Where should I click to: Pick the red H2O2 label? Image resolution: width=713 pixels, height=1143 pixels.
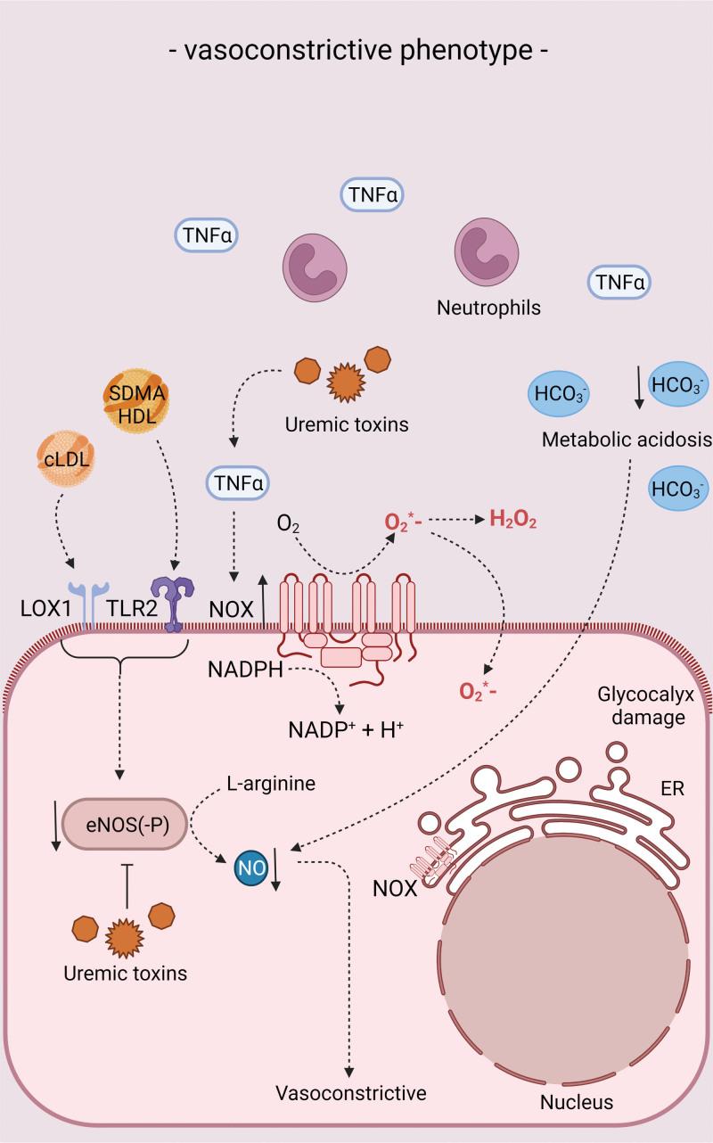[512, 520]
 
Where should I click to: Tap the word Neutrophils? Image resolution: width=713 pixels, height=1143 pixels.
[488, 308]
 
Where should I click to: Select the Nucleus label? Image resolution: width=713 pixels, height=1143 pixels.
[577, 1102]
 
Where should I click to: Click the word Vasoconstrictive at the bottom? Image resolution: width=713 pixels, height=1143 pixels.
[351, 1093]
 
